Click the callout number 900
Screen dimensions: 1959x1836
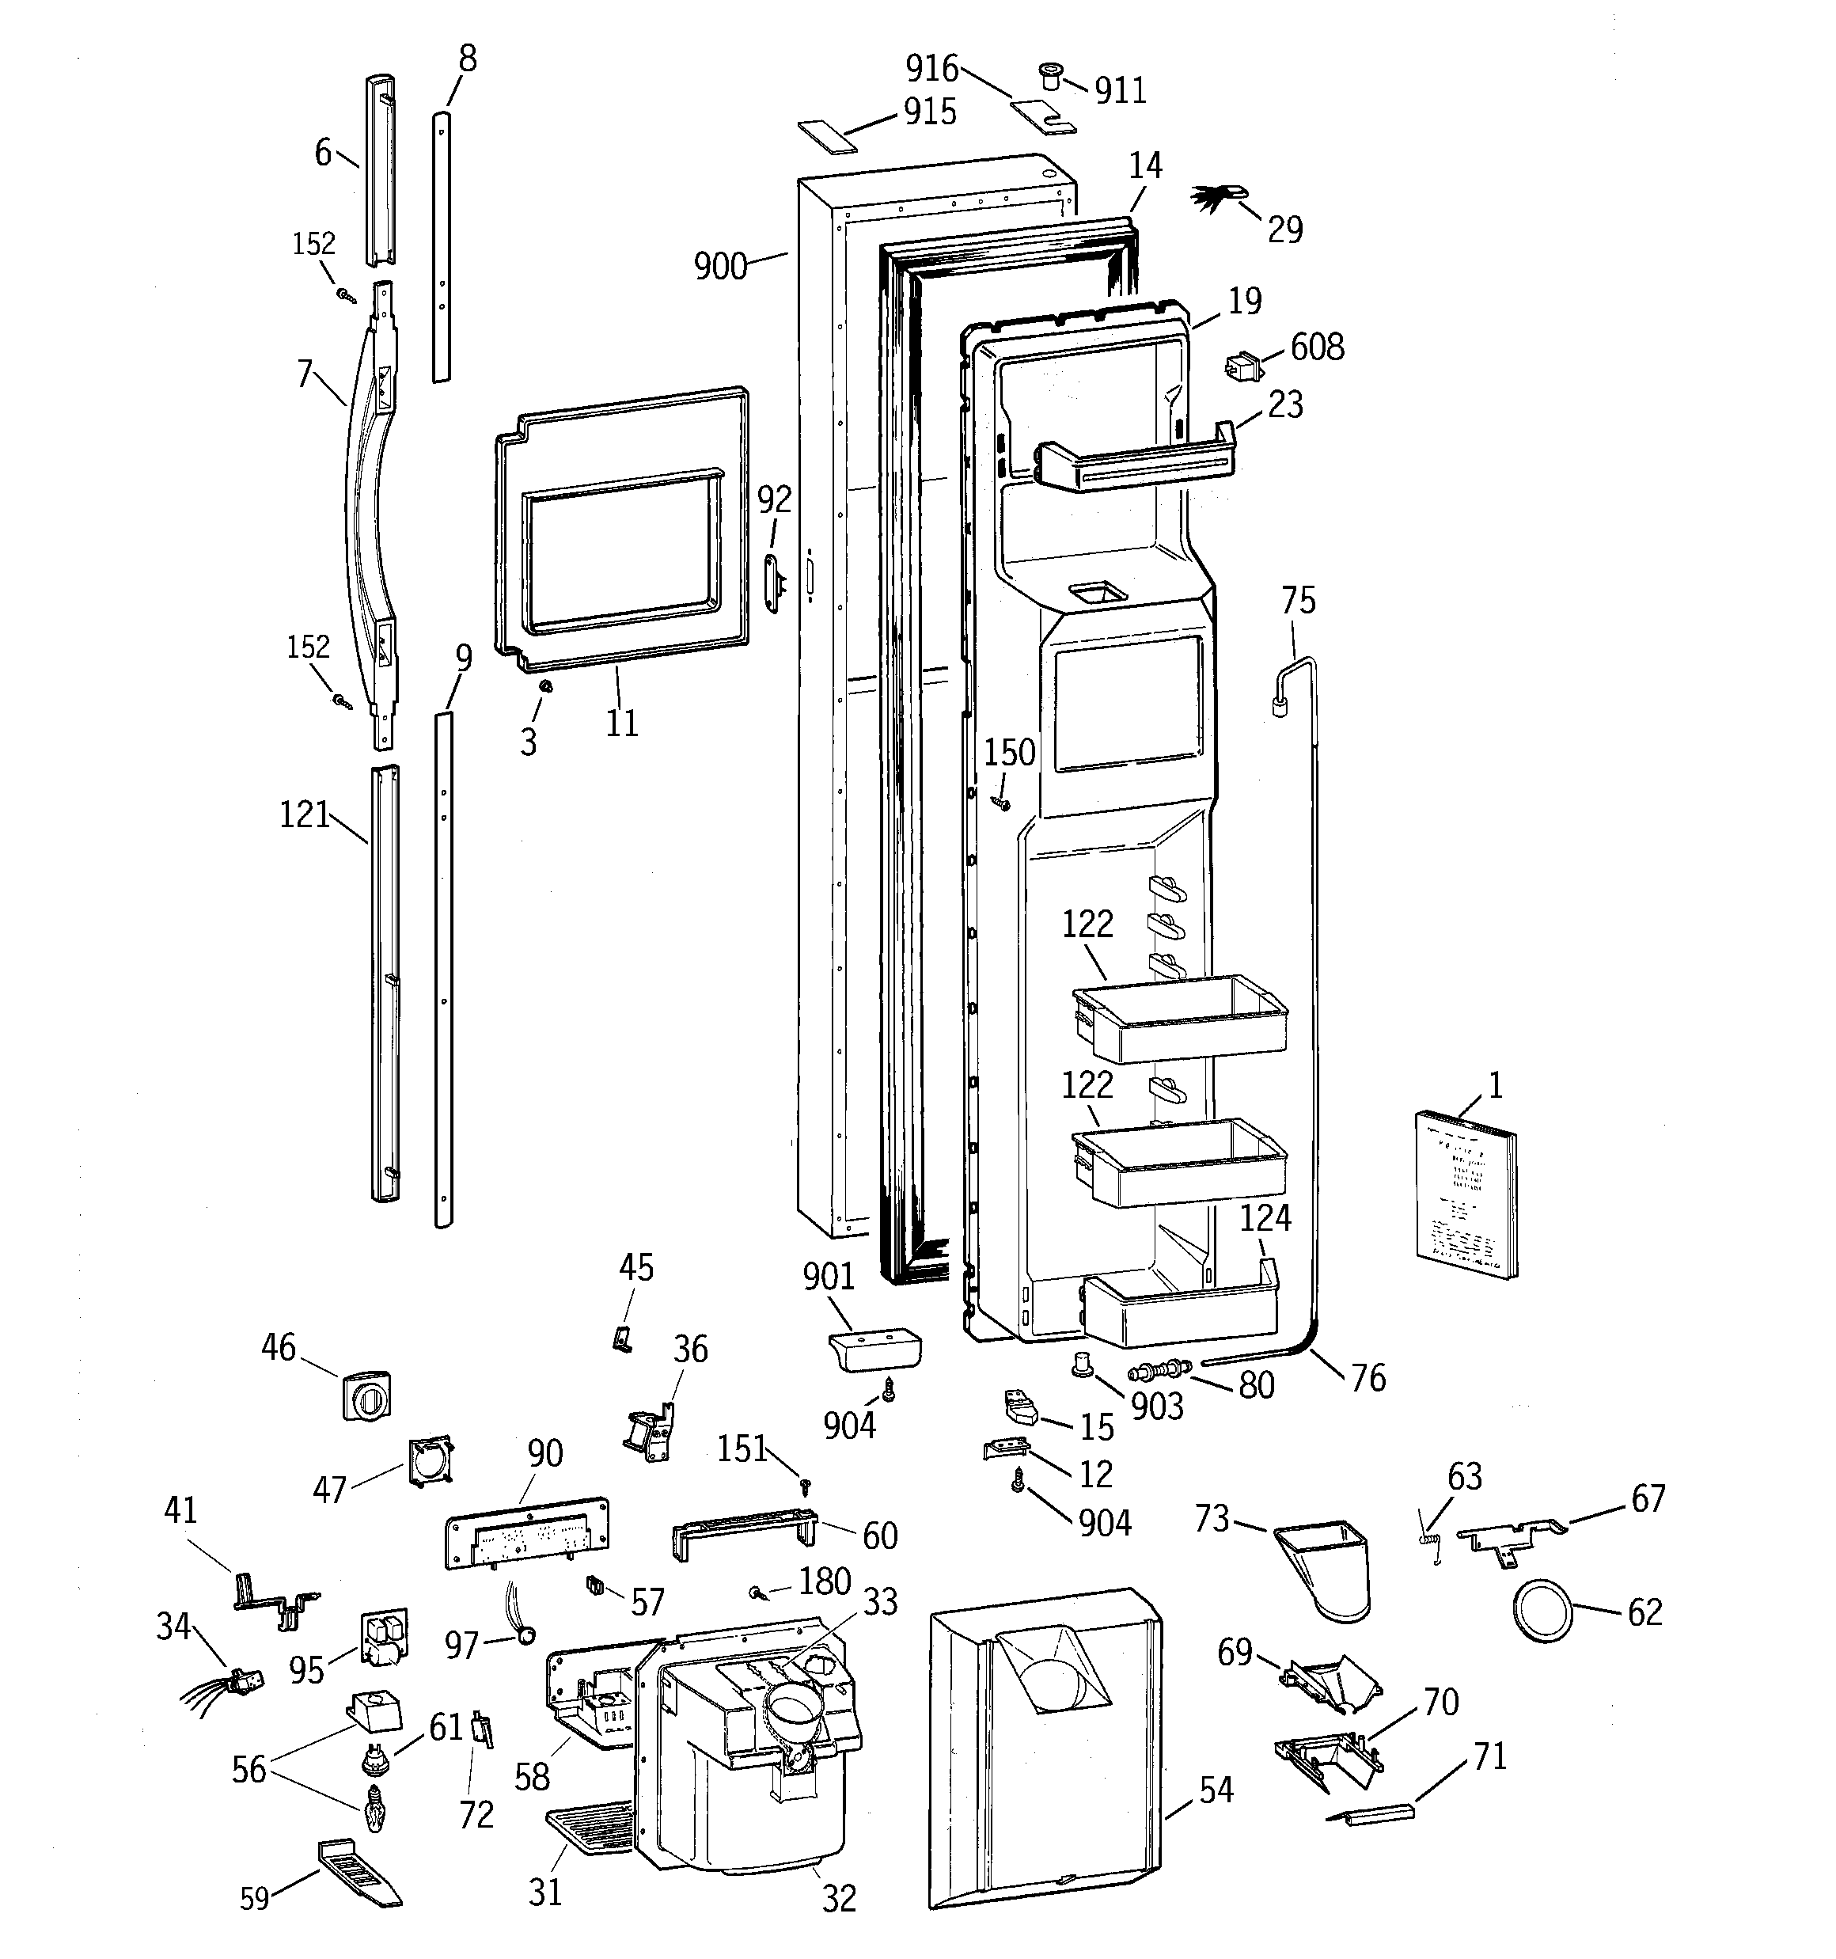pyautogui.click(x=719, y=266)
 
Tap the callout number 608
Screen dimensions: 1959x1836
pyautogui.click(x=1317, y=347)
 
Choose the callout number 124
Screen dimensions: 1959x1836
pyautogui.click(x=1265, y=1218)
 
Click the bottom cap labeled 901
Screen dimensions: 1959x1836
pyautogui.click(x=872, y=1351)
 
